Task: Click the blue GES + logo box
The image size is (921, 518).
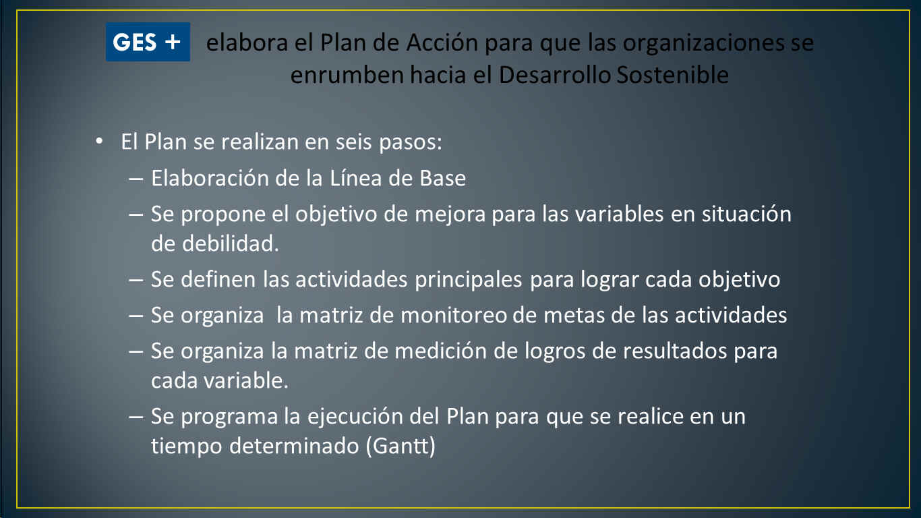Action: click(148, 42)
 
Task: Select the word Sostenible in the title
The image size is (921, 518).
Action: click(673, 75)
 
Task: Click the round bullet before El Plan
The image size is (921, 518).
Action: click(99, 141)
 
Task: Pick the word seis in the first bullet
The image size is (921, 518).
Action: click(353, 142)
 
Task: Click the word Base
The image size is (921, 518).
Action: click(442, 179)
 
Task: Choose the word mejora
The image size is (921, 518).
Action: click(450, 215)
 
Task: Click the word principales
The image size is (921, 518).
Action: click(469, 281)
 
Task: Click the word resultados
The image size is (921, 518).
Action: click(675, 351)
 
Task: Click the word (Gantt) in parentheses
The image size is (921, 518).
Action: click(401, 446)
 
